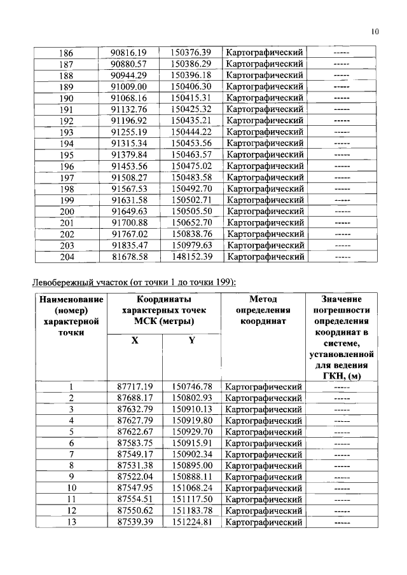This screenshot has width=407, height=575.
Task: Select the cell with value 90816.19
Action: coord(128,52)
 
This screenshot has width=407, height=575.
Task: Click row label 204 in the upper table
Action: coord(66,257)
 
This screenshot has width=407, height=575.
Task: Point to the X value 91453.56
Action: coord(128,166)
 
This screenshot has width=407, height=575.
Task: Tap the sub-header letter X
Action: coord(134,340)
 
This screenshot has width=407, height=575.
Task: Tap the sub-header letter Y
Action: coord(191,340)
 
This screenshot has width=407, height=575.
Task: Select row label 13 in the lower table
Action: coord(71,522)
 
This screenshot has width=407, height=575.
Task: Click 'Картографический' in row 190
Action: coord(264,98)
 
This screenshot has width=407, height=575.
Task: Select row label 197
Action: coord(66,177)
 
